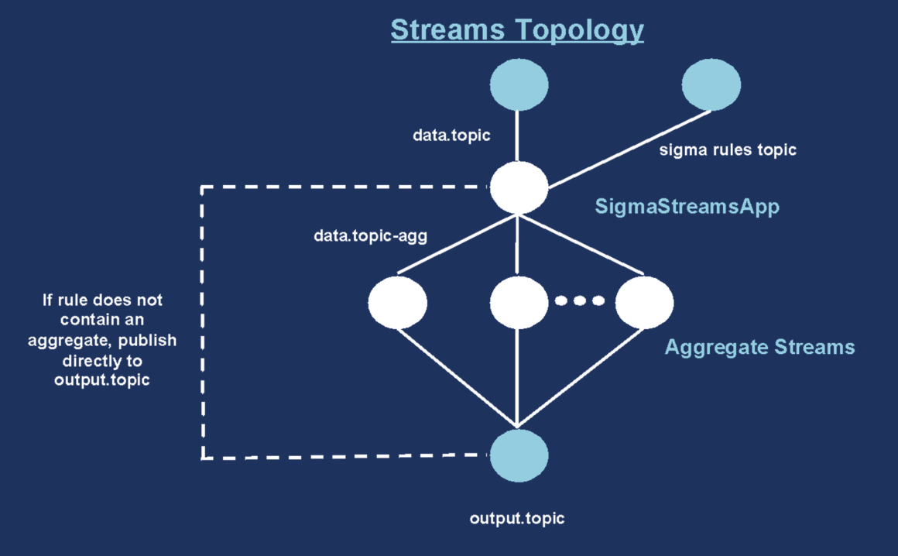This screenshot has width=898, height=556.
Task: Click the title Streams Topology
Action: tap(517, 29)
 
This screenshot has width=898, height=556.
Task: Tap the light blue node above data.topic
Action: tap(519, 84)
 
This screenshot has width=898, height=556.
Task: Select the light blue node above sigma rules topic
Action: tap(711, 84)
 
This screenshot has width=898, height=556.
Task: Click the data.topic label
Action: tap(452, 136)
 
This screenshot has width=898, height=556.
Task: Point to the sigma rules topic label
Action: tap(727, 150)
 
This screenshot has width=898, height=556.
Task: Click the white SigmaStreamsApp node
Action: tap(519, 187)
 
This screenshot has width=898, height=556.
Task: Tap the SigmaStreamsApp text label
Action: tap(687, 207)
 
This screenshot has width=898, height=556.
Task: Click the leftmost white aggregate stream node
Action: tap(397, 302)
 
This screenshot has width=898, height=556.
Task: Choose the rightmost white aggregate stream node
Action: tap(644, 302)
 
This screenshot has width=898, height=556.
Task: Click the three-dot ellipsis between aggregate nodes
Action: tap(581, 300)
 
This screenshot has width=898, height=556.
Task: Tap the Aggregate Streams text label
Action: tap(759, 346)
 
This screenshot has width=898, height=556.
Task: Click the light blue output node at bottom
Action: tap(519, 455)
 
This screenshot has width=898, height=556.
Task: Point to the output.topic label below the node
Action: tap(517, 518)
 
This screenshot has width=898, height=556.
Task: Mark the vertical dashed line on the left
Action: tap(202, 325)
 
